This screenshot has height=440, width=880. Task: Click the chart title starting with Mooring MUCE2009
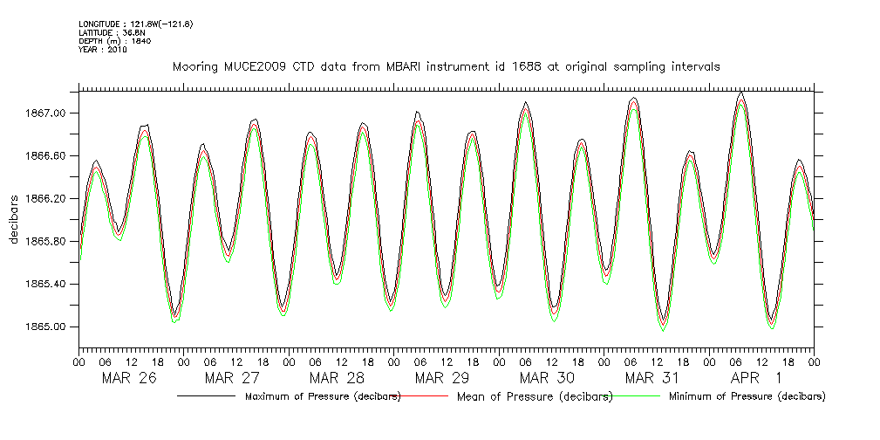pyautogui.click(x=446, y=67)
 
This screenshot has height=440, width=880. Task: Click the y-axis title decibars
pyautogui.click(x=14, y=219)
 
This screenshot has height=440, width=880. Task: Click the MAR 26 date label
pyautogui.click(x=129, y=378)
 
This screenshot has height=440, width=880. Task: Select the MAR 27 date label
pyautogui.click(x=232, y=378)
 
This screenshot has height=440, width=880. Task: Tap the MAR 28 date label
pyautogui.click(x=337, y=378)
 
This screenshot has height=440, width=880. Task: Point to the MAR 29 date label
pyautogui.click(x=441, y=378)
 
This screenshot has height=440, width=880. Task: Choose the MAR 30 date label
pyautogui.click(x=547, y=378)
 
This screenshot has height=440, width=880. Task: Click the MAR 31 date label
pyautogui.click(x=651, y=378)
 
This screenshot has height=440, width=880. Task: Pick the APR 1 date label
pyautogui.click(x=755, y=378)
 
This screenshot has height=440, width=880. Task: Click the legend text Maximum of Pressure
pyautogui.click(x=322, y=397)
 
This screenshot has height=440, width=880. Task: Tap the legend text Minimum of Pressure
pyautogui.click(x=747, y=397)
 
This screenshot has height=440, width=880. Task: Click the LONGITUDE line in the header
pyautogui.click(x=135, y=24)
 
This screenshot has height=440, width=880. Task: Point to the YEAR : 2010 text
pyautogui.click(x=103, y=50)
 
